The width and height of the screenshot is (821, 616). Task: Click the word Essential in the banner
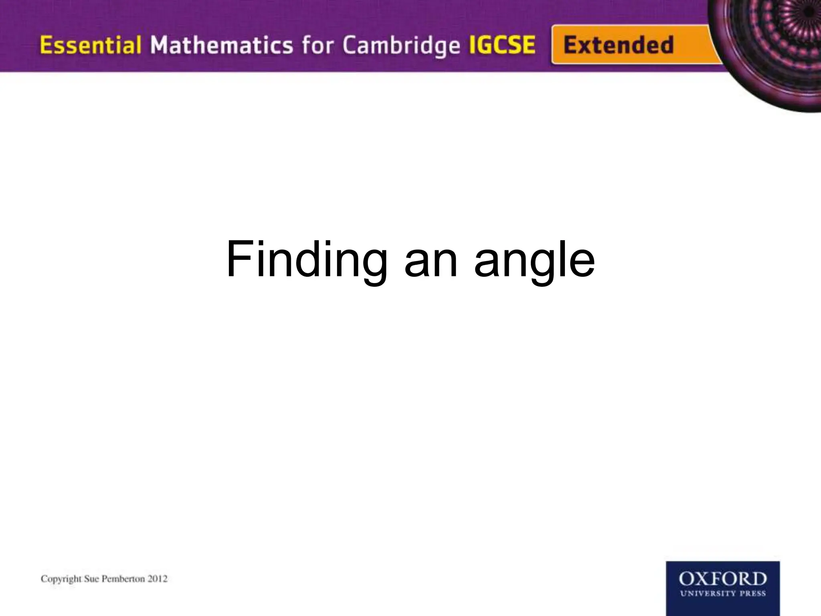(90, 45)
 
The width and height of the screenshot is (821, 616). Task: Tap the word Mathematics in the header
(221, 45)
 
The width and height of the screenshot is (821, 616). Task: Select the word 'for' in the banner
(317, 45)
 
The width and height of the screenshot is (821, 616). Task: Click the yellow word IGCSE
(502, 45)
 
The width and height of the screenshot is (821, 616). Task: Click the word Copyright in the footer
(61, 579)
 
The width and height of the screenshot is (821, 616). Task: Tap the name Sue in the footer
(93, 579)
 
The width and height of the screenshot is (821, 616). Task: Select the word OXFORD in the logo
(722, 580)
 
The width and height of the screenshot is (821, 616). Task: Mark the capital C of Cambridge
(350, 45)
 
